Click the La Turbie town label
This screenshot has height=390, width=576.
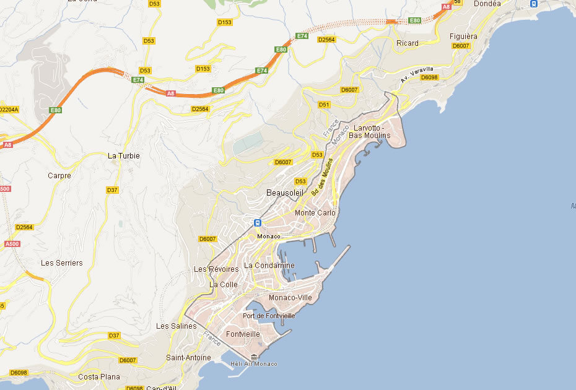[x=124, y=156]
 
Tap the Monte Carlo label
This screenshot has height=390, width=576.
[x=315, y=213]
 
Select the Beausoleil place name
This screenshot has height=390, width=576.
[x=285, y=193]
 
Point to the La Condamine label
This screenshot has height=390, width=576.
[x=269, y=266]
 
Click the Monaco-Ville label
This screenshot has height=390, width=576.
[x=290, y=298]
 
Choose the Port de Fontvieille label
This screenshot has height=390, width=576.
[x=269, y=316]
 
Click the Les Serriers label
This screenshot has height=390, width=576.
[x=61, y=263]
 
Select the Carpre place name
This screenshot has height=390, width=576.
[x=59, y=176]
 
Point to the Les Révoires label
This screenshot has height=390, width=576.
[x=216, y=269]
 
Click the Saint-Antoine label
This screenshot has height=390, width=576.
[x=188, y=358]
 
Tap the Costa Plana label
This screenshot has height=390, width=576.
[x=98, y=376]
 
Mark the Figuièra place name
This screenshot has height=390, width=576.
[x=463, y=37]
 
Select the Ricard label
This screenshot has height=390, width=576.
[x=408, y=43]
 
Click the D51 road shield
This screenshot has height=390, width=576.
[x=324, y=105]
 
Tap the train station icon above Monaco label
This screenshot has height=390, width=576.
[x=257, y=223]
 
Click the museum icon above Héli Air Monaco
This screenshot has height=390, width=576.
[x=255, y=357]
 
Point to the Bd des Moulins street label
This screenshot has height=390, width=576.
[x=322, y=177]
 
